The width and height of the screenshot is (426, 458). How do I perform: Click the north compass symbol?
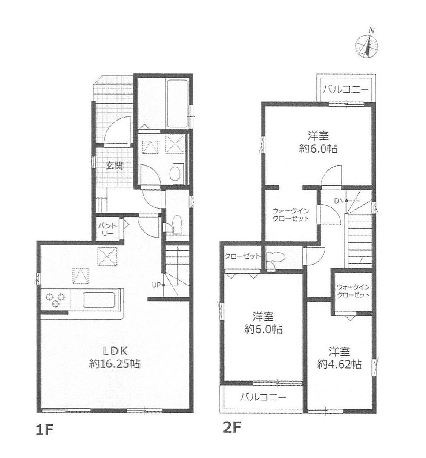point(367,44)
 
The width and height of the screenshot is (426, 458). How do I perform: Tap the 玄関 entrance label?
point(114,166)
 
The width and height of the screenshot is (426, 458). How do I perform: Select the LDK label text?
point(115,350)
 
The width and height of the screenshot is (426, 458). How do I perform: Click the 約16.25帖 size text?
point(115,364)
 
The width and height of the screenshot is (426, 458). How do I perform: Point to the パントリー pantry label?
point(107,230)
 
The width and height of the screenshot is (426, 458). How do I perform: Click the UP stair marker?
point(156,284)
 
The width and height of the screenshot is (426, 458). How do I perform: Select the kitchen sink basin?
point(100,300)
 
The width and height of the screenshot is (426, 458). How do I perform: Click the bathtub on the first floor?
point(177,103)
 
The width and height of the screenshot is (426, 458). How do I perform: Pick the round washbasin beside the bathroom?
point(176,173)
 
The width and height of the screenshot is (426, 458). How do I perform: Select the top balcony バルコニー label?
point(346,89)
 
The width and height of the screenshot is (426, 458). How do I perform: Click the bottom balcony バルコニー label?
point(263,397)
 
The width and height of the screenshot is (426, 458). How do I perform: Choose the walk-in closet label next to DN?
point(290,215)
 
